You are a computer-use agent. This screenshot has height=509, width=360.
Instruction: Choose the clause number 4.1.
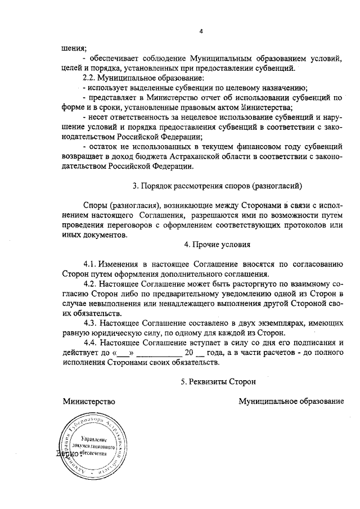click(90, 263)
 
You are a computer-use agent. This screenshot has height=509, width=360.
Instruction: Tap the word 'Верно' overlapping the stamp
click(67, 453)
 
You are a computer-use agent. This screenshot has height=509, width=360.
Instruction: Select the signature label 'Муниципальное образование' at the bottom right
click(291, 401)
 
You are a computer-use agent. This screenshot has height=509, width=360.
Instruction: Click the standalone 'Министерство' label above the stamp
click(89, 401)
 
